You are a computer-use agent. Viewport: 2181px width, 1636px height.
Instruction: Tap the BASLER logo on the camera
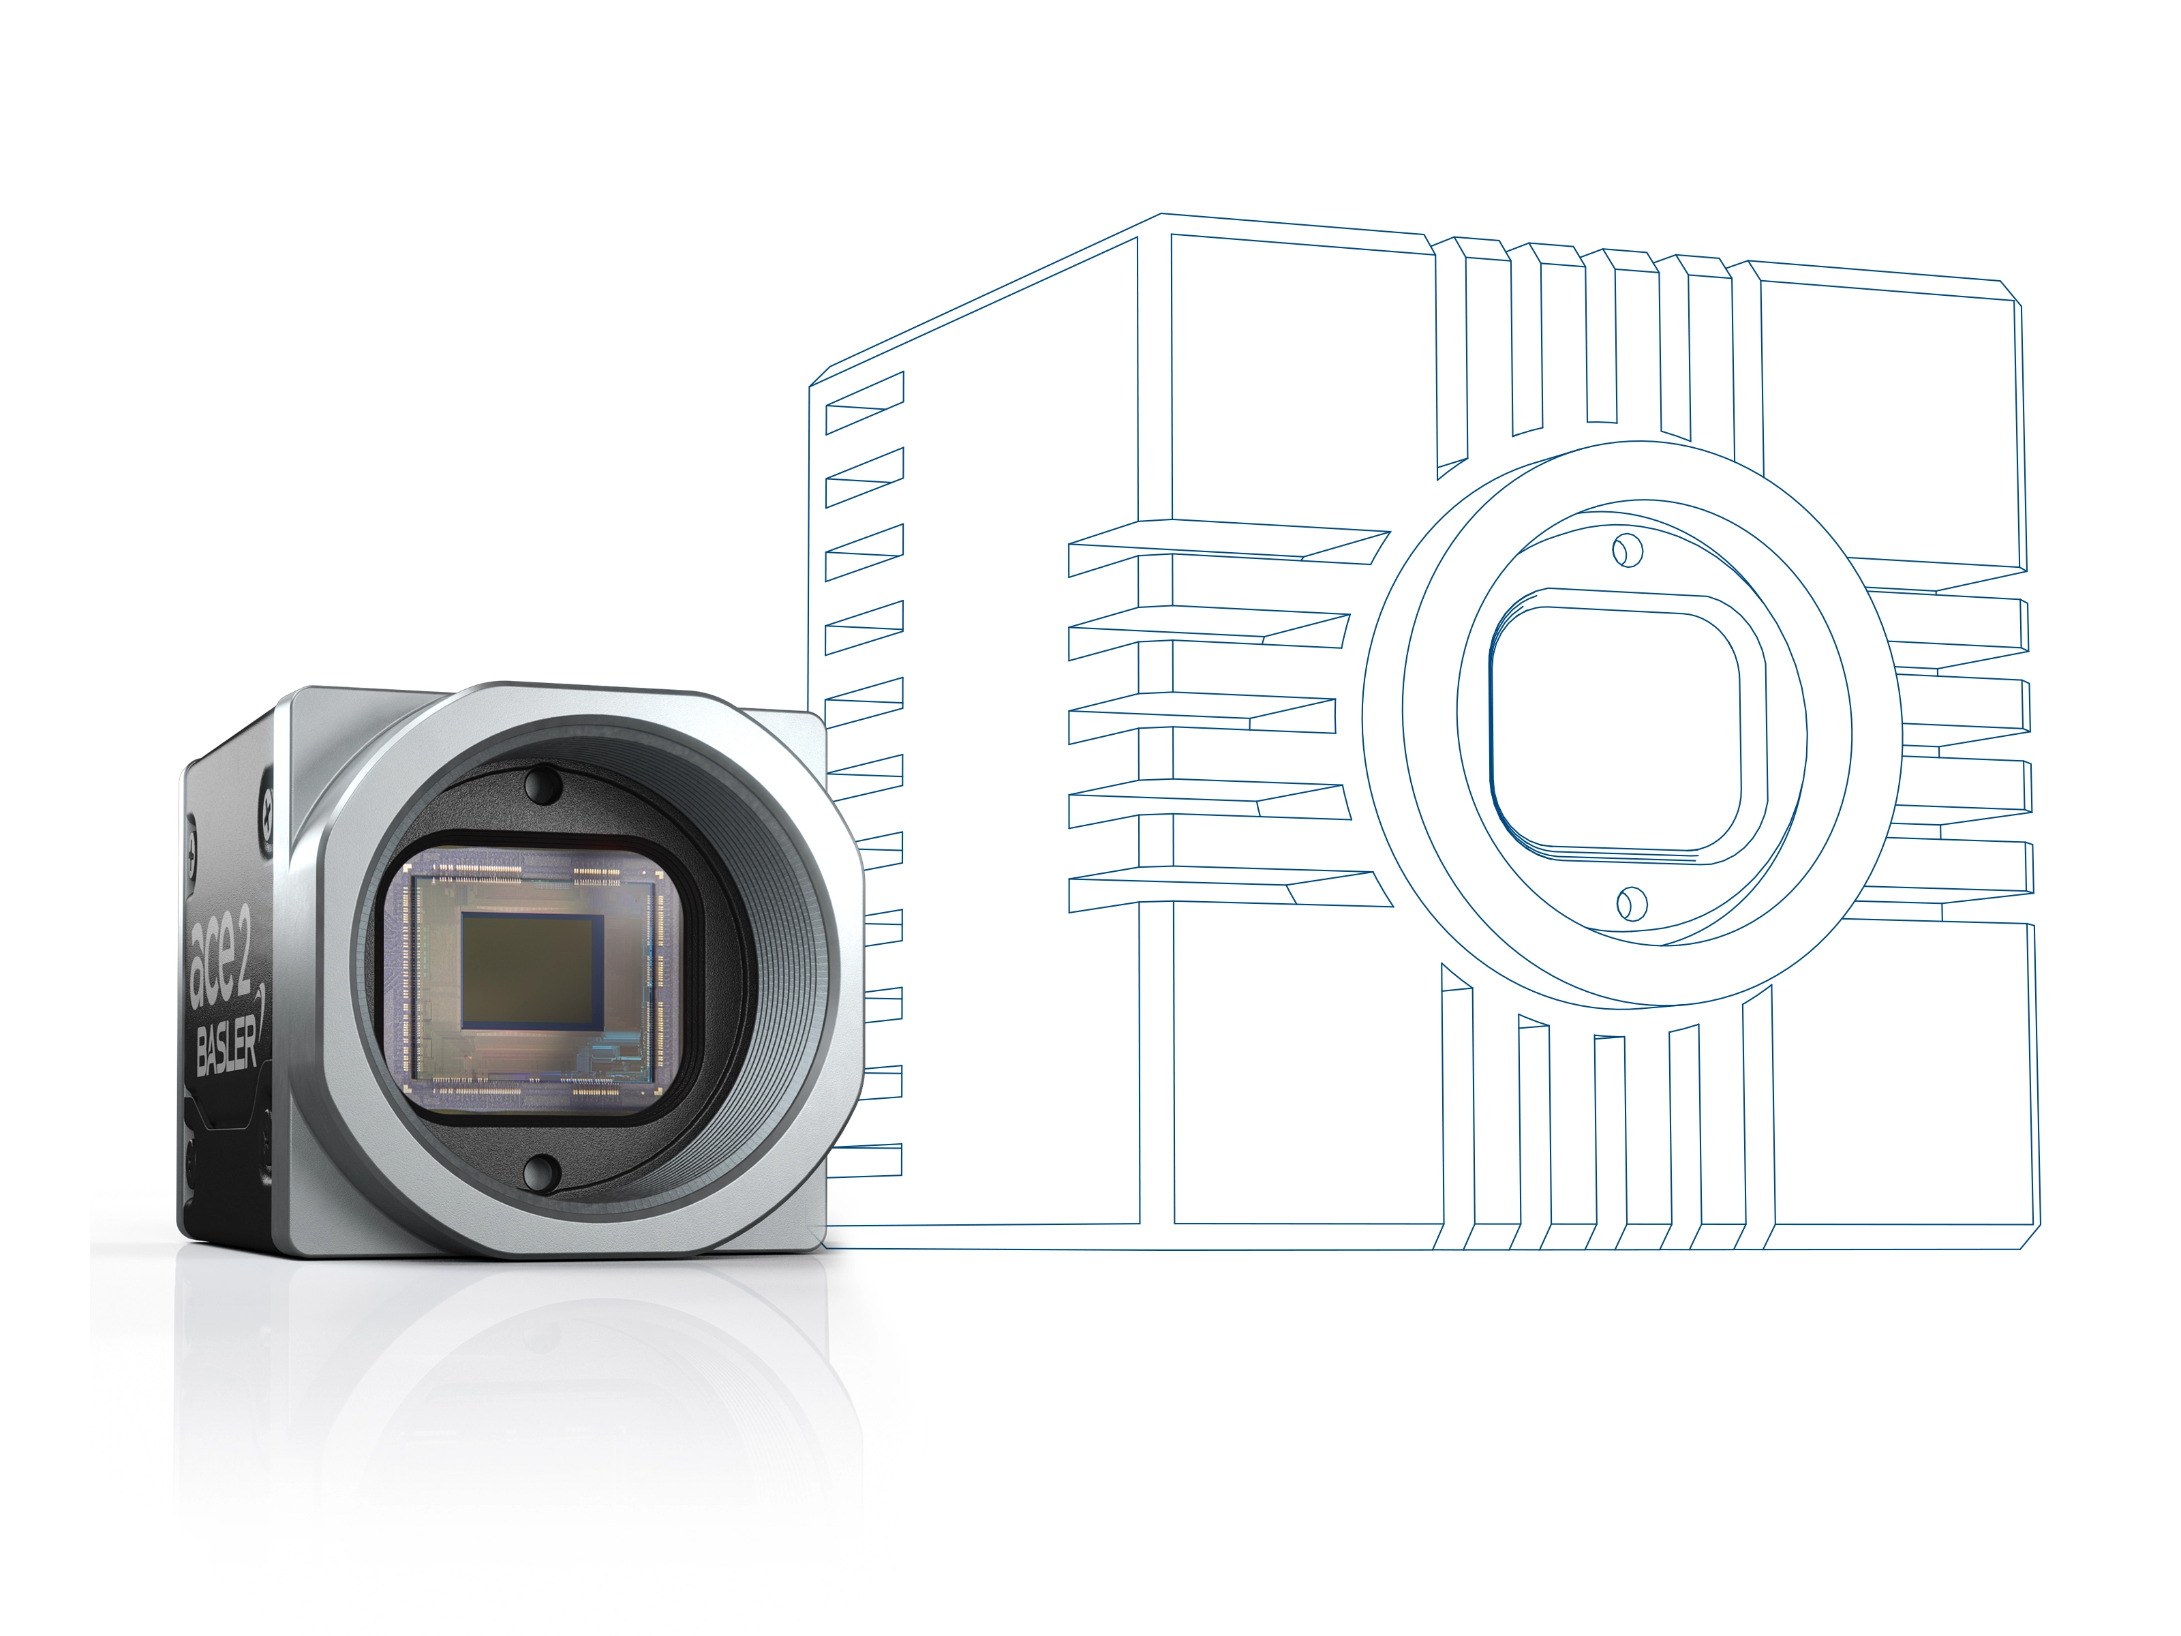click(x=227, y=1045)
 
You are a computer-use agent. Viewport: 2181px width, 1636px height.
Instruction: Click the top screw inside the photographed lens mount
click(x=543, y=786)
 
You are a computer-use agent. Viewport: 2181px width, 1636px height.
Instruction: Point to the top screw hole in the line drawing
click(x=1627, y=550)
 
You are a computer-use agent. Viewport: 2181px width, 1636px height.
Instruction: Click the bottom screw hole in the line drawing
click(x=1632, y=903)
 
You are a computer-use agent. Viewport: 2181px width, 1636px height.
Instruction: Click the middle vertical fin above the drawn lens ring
click(x=1601, y=335)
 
